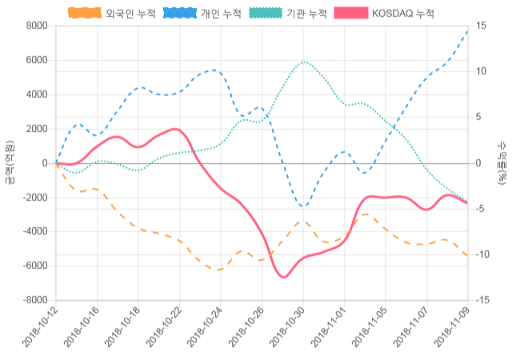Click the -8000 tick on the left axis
pyautogui.click(x=34, y=300)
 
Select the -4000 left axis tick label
pyautogui.click(x=34, y=232)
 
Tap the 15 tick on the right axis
pyautogui.click(x=482, y=26)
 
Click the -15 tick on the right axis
pyautogui.click(x=484, y=300)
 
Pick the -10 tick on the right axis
pyautogui.click(x=484, y=254)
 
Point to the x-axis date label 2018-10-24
pyautogui.click(x=203, y=330)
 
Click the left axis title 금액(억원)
pyautogui.click(x=9, y=162)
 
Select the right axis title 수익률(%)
pyautogui.click(x=502, y=162)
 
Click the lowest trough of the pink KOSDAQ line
pyautogui.click(x=284, y=277)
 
